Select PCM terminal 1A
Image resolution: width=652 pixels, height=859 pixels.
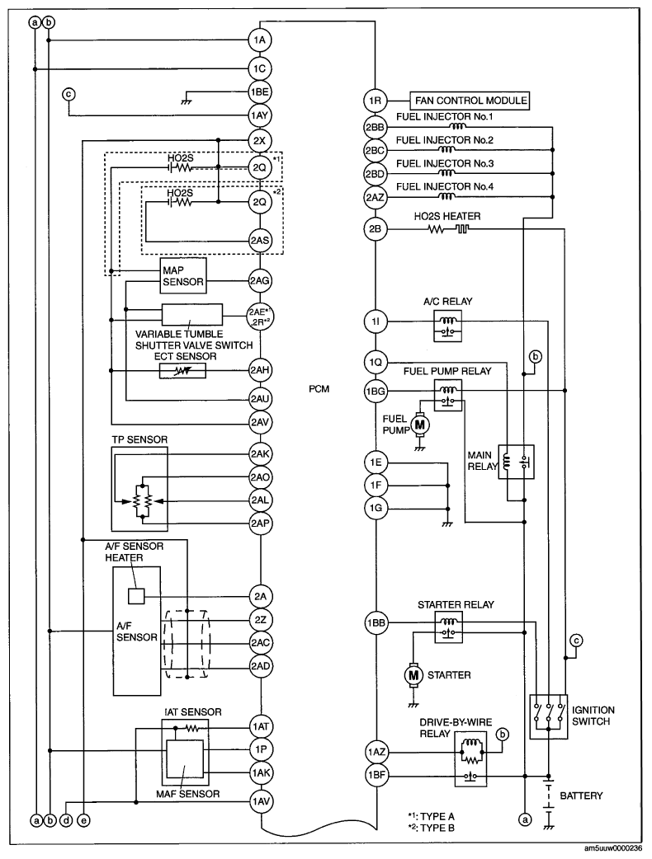click(x=261, y=38)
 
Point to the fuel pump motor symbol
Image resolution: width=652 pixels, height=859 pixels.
click(x=421, y=424)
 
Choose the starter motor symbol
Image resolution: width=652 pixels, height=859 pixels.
click(x=412, y=675)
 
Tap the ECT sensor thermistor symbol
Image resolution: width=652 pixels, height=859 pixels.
click(x=182, y=370)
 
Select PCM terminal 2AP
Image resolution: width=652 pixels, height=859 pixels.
click(x=261, y=522)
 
